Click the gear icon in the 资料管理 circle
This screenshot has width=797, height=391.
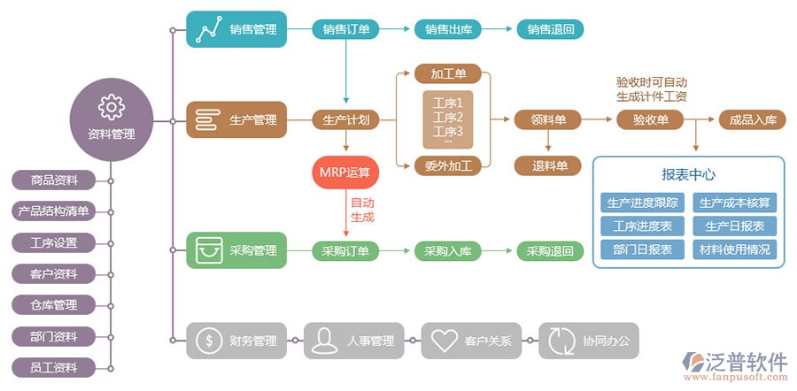coord(112,107)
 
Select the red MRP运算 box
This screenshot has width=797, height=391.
coord(346,172)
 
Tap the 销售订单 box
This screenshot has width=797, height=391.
coord(346,29)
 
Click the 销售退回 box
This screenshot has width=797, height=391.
coord(550,29)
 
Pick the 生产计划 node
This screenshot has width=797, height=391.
coord(346,119)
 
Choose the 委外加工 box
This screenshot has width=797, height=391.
coord(449,165)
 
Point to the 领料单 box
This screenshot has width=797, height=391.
coord(548,119)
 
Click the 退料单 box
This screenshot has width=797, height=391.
coord(548,165)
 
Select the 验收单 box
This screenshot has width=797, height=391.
coord(651,119)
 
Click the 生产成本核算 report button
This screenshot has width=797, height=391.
coord(735,203)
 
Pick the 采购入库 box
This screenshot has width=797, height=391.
coord(448,251)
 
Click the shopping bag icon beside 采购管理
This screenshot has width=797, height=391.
coord(207,250)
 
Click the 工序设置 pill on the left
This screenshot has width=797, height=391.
coord(54,242)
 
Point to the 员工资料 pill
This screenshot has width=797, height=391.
coord(54,366)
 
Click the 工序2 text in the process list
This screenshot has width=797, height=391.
coord(448,117)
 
